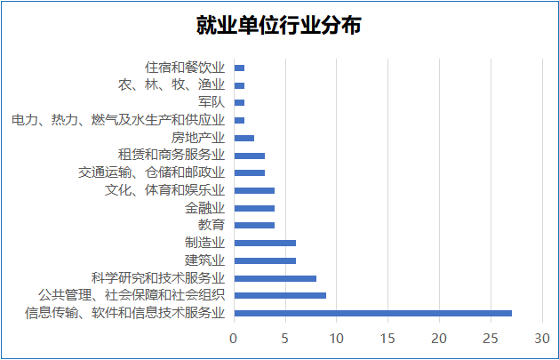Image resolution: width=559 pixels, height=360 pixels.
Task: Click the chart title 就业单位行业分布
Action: tap(279, 25)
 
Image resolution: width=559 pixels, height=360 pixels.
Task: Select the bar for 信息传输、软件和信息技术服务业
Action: tap(372, 313)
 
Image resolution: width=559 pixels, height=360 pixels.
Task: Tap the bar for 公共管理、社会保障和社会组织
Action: tap(280, 295)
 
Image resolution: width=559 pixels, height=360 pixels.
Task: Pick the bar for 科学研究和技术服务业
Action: tap(275, 278)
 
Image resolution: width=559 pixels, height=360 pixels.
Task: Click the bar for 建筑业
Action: tap(265, 260)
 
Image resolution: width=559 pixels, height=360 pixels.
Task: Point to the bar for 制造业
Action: tap(265, 243)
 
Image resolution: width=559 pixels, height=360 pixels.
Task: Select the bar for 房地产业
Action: tap(244, 138)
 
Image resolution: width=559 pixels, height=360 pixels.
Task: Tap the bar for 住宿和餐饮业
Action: tap(239, 68)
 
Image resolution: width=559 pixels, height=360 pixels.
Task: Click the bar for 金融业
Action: tap(254, 208)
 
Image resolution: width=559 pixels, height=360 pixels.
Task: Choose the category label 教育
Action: tap(212, 225)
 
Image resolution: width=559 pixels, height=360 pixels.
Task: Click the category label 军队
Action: tap(212, 102)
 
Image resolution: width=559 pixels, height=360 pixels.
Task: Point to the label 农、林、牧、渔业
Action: tap(172, 85)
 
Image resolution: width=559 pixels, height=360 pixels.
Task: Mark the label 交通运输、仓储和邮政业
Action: tap(151, 172)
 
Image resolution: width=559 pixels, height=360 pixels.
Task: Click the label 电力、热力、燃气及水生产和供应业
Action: tap(117, 120)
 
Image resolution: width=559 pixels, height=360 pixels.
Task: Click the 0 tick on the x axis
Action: tap(234, 339)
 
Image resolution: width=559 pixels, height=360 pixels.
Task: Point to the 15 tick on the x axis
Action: tap(387, 339)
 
